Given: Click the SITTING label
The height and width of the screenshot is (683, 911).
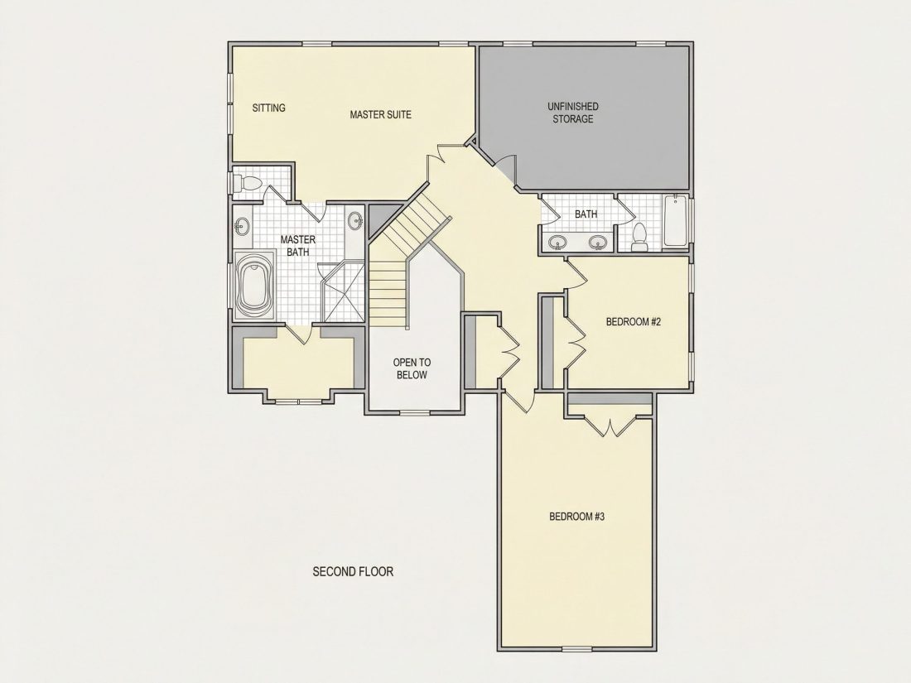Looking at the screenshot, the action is click(x=268, y=108).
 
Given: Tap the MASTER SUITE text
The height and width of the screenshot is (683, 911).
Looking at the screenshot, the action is click(x=380, y=114).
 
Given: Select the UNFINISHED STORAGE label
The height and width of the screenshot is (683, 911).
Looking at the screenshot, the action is click(x=573, y=113).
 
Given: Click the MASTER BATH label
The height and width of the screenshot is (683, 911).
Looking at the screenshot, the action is click(x=297, y=245).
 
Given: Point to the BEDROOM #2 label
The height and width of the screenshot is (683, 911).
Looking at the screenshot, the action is click(x=634, y=322).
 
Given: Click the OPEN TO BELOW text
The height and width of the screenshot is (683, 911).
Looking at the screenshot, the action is click(x=412, y=368).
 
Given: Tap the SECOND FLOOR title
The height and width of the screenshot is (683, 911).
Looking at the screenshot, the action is click(x=353, y=571).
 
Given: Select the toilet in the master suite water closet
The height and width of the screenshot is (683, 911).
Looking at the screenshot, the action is click(x=247, y=184).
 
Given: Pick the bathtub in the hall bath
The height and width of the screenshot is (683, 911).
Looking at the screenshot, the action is click(x=674, y=221).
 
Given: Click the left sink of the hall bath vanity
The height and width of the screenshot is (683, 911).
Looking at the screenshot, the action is click(x=557, y=242).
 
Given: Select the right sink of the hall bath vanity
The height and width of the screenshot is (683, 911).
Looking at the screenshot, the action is click(x=597, y=242).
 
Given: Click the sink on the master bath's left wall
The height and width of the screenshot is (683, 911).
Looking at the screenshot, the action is click(x=242, y=224).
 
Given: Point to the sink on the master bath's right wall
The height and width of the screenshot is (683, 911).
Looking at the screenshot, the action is click(x=355, y=221).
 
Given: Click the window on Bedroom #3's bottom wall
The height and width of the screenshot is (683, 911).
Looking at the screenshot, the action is click(x=576, y=647).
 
